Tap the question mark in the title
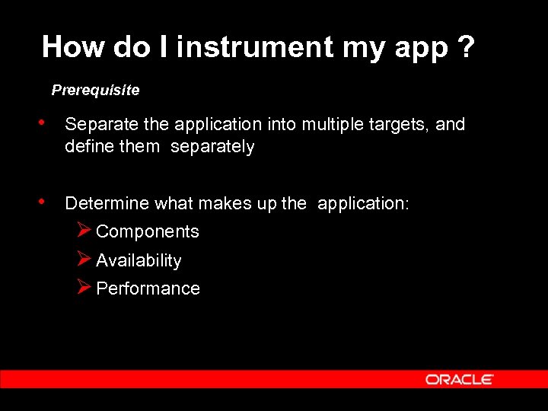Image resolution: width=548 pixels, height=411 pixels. click(464, 47)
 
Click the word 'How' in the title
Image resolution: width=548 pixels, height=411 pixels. click(73, 47)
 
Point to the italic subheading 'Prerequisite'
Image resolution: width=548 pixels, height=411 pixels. click(95, 91)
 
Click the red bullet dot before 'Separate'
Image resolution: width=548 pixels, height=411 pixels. click(47, 123)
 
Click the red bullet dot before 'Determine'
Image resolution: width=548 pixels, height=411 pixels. click(47, 202)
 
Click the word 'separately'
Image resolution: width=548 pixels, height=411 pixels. click(212, 146)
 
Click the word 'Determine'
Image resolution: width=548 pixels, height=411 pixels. click(107, 203)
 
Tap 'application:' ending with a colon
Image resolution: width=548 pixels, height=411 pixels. click(363, 204)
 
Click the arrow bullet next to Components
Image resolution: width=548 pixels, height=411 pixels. click(84, 230)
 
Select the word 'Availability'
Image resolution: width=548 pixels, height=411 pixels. click(139, 260)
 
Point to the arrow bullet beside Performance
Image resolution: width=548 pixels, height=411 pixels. click(84, 287)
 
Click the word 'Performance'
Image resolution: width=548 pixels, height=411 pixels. click(148, 288)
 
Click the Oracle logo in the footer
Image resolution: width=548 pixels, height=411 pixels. click(460, 379)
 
